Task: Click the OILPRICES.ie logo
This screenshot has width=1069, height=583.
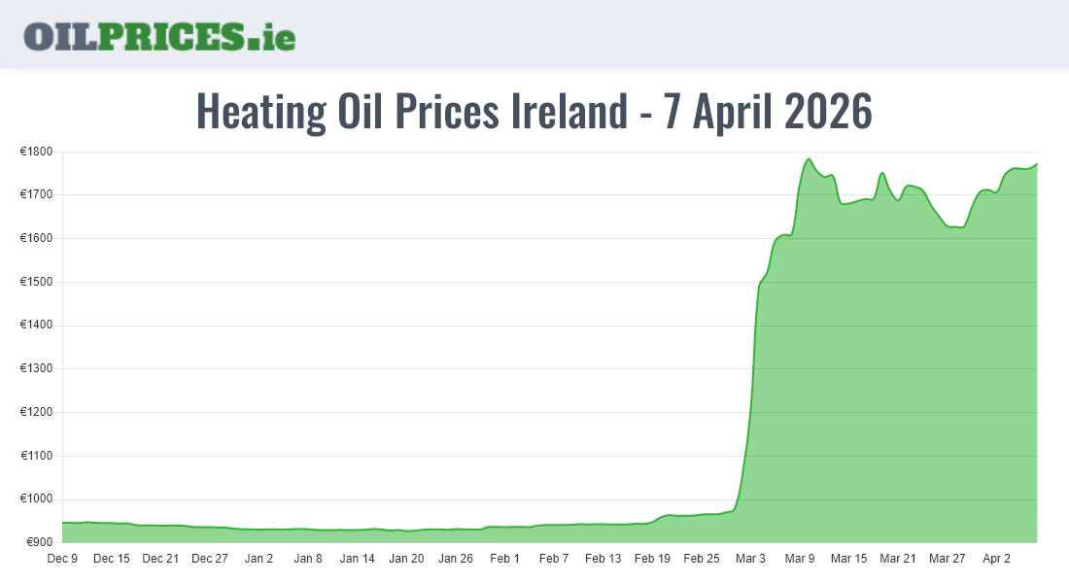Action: (159, 36)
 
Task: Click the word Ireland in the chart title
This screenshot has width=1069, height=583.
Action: (569, 112)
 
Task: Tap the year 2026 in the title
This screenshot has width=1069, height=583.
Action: (827, 112)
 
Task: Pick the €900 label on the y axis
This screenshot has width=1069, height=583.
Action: (39, 542)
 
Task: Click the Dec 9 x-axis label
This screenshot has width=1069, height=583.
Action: (62, 559)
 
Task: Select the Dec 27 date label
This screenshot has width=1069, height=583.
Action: (210, 559)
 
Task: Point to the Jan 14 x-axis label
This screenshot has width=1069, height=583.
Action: (358, 559)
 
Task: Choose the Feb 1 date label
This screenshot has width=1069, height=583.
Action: (505, 559)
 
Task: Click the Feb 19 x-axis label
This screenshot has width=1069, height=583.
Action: (652, 559)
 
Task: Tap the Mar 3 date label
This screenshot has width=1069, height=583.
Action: (751, 559)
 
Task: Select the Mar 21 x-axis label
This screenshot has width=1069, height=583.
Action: (898, 559)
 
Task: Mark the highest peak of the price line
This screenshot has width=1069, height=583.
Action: (809, 159)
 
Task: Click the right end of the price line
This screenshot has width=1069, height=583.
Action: (1037, 164)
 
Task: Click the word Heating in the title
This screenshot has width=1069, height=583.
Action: (261, 112)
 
